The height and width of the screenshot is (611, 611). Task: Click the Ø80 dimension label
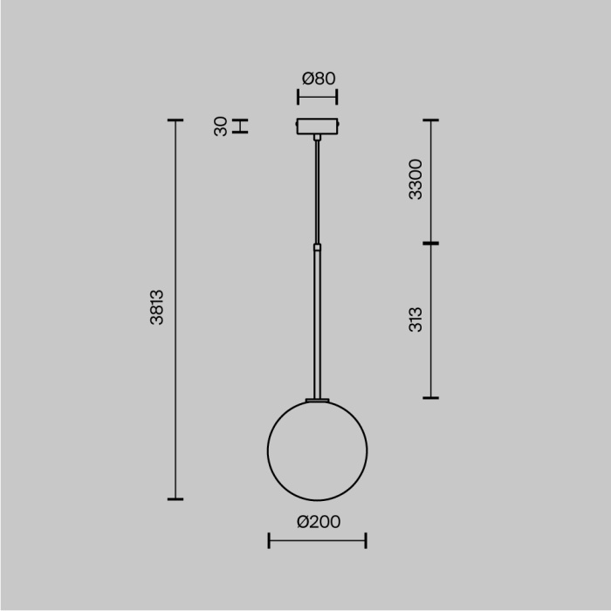319,79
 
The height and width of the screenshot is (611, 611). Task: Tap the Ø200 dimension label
319,522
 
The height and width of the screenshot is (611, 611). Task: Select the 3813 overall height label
157,308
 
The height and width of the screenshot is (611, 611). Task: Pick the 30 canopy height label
221,127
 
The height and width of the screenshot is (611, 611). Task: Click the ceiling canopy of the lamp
318,127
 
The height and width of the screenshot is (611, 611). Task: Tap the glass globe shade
317,450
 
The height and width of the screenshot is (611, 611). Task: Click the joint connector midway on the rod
318,248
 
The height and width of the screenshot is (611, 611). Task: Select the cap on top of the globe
317,400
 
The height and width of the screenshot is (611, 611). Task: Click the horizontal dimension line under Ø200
317,541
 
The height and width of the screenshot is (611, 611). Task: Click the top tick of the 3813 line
175,120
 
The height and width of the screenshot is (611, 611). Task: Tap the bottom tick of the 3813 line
175,499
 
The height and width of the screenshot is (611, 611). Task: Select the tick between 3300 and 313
429,244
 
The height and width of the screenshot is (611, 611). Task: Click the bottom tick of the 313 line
429,398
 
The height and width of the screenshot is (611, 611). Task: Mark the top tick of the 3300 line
429,120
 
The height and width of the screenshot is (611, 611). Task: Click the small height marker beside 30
244,127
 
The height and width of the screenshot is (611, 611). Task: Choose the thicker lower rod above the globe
318,323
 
